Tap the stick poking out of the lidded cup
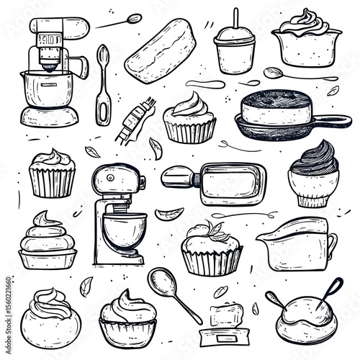point(235,18)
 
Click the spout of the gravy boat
point(265,236)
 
